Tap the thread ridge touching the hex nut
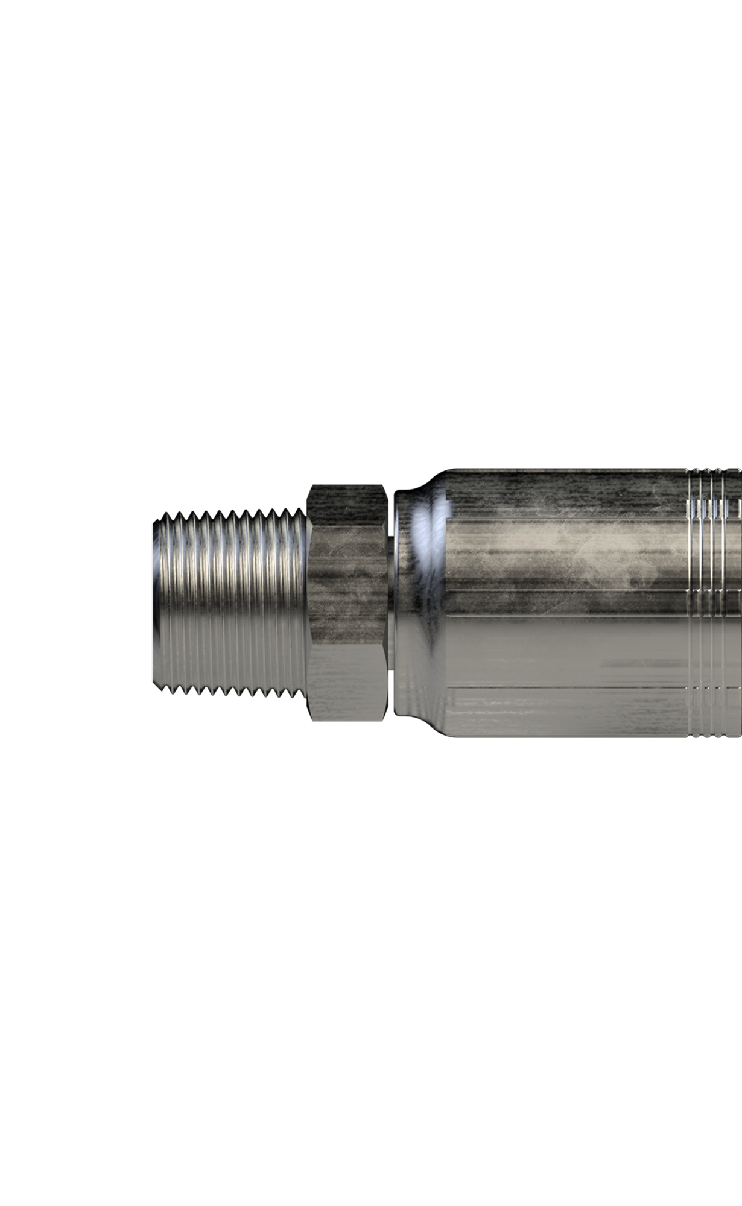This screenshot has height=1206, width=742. click(300, 597)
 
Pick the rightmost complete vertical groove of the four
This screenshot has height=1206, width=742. click(724, 603)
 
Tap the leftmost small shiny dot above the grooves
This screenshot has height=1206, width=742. click(696, 470)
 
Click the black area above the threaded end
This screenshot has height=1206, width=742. click(229, 488)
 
